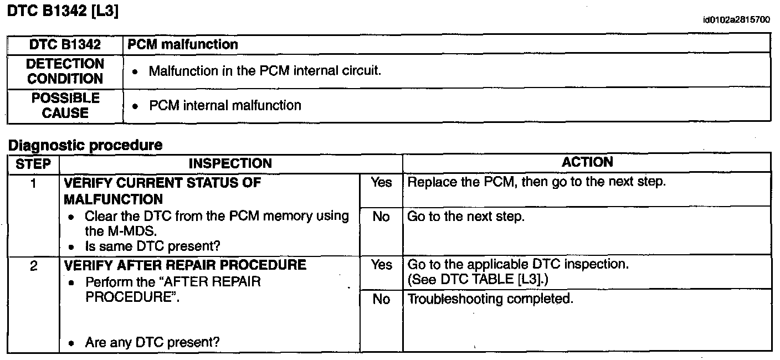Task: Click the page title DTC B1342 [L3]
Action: pyautogui.click(x=62, y=12)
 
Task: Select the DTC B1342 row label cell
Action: pyautogui.click(x=65, y=44)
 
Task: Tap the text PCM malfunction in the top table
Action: pyautogui.click(x=183, y=44)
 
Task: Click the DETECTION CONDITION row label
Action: pyautogui.click(x=65, y=71)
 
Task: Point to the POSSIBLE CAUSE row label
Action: pyautogui.click(x=65, y=105)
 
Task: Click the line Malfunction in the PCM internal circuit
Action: pyautogui.click(x=265, y=71)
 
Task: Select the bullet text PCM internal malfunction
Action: pyautogui.click(x=225, y=105)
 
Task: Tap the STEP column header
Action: pyautogui.click(x=33, y=163)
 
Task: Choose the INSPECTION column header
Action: pyautogui.click(x=230, y=163)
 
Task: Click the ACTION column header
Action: pyautogui.click(x=587, y=162)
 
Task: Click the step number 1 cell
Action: pyautogui.click(x=33, y=183)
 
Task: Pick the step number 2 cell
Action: pyautogui.click(x=33, y=265)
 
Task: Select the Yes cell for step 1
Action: pyautogui.click(x=381, y=183)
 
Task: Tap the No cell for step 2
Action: pyautogui.click(x=381, y=300)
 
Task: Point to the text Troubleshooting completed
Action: pyautogui.click(x=490, y=300)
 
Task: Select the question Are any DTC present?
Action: pyautogui.click(x=152, y=343)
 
